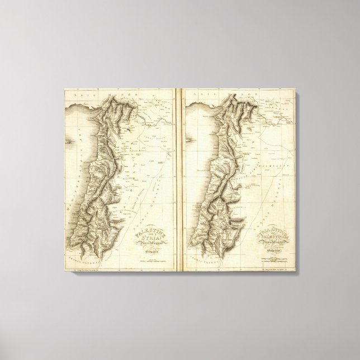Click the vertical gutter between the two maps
pyautogui.click(x=176, y=179)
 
